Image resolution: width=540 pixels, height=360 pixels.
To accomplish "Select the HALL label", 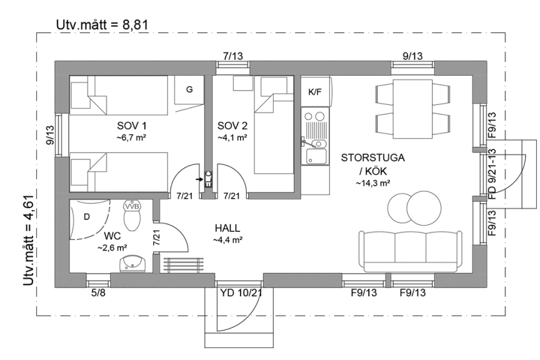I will click(227, 229).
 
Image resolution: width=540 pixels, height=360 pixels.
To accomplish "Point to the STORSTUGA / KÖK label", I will click(372, 164).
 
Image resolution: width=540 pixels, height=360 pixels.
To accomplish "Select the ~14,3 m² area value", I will click(373, 183).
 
